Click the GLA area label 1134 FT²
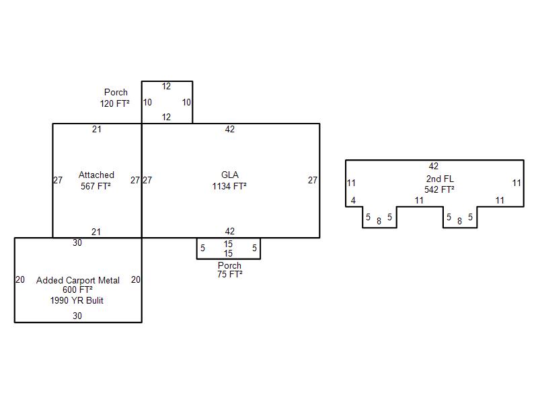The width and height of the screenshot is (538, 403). pyautogui.click(x=229, y=187)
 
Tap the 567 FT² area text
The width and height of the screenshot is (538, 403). pyautogui.click(x=95, y=187)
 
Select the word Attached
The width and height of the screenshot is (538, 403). pyautogui.click(x=96, y=175)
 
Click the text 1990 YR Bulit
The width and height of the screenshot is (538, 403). pyautogui.click(x=77, y=301)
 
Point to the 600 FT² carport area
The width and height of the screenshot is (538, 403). pyautogui.click(x=77, y=290)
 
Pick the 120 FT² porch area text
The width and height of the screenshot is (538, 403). pyautogui.click(x=114, y=103)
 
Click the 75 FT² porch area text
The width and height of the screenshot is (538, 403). pyautogui.click(x=229, y=274)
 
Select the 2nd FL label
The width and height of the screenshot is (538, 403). pyautogui.click(x=439, y=179)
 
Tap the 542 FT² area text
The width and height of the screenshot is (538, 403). pyautogui.click(x=439, y=189)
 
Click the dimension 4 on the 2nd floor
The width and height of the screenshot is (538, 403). pyautogui.click(x=353, y=201)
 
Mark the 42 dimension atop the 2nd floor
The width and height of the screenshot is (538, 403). pyautogui.click(x=433, y=167)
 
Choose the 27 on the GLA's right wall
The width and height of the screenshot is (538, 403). pyautogui.click(x=313, y=180)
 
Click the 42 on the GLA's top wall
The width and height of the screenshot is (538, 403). pyautogui.click(x=230, y=130)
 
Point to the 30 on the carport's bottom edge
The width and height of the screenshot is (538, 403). pyautogui.click(x=77, y=316)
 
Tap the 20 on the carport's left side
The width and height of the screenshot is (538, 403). pyautogui.click(x=20, y=280)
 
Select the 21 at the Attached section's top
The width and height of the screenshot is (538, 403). pyautogui.click(x=96, y=130)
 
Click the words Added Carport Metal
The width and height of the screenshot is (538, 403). pyautogui.click(x=78, y=280)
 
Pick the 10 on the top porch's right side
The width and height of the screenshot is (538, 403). pyautogui.click(x=186, y=103)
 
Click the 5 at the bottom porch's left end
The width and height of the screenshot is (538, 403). pyautogui.click(x=202, y=249)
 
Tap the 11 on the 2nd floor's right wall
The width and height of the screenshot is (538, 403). pyautogui.click(x=516, y=183)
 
